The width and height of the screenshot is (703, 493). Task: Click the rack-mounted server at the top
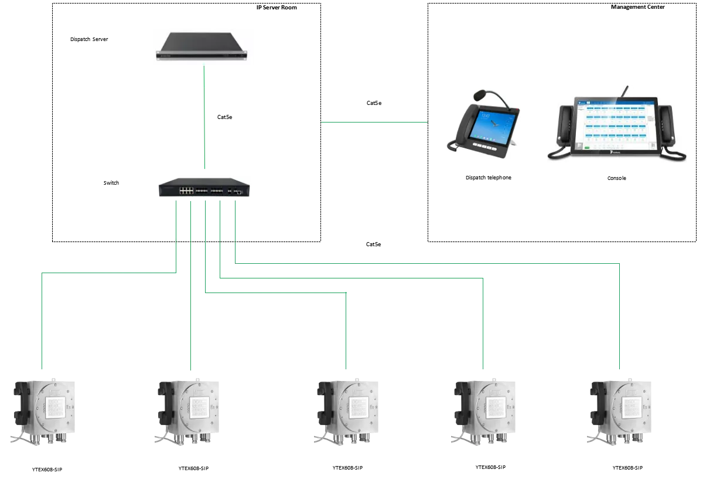click(203, 46)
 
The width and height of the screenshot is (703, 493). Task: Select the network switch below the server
click(203, 185)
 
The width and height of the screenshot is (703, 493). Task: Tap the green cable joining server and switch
click(204, 117)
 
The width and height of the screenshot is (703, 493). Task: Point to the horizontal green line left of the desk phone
click(375, 124)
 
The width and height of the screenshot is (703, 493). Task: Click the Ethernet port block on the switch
click(187, 191)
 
